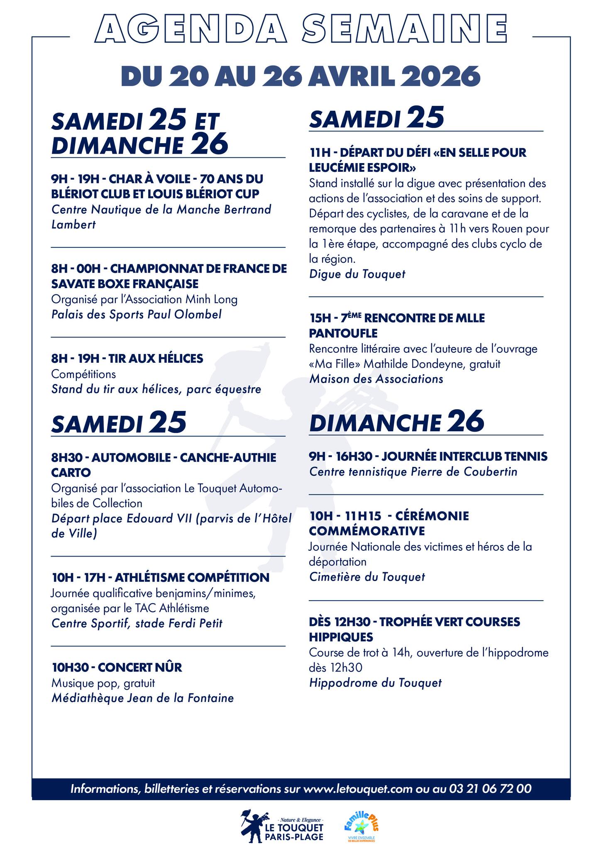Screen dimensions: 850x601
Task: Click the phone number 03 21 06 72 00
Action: (x=490, y=788)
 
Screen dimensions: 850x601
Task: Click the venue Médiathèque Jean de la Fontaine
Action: (x=142, y=698)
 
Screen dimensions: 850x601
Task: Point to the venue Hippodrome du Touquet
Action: (x=375, y=683)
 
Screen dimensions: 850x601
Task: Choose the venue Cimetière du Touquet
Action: (x=367, y=577)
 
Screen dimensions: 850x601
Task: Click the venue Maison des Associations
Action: (x=376, y=379)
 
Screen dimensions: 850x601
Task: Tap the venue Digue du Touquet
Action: (x=357, y=274)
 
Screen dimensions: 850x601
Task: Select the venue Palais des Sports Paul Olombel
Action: (x=136, y=314)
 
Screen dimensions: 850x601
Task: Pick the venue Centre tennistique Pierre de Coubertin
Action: (x=413, y=471)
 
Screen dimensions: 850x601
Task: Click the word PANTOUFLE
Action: (x=343, y=333)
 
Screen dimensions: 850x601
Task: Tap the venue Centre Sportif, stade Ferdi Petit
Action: (x=137, y=623)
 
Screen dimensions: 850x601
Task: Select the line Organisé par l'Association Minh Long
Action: (x=144, y=299)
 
